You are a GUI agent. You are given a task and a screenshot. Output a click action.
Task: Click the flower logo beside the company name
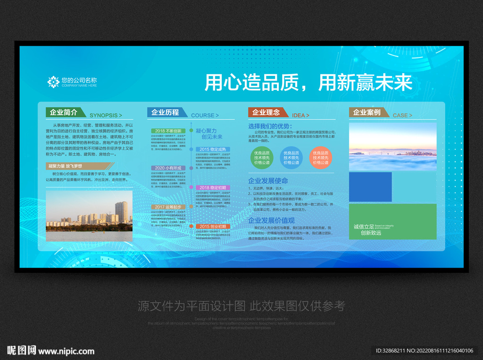[x=53, y=82]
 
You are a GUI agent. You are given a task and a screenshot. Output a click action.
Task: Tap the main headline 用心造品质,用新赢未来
[x=308, y=83]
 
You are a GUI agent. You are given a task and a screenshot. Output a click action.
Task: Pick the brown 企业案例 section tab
[x=367, y=113]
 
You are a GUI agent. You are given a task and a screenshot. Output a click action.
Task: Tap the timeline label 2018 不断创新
[x=168, y=131]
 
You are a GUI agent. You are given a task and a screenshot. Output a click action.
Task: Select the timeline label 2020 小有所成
[x=167, y=168]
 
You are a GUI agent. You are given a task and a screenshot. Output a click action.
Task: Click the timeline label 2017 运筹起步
[x=167, y=207]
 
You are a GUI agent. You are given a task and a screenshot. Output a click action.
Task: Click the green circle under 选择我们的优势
[x=262, y=158]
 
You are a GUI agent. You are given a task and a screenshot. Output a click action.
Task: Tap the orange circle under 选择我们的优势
[x=321, y=158]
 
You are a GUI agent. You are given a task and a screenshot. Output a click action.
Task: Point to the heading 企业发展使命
[x=268, y=180]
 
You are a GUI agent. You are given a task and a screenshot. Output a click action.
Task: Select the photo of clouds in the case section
[x=392, y=147]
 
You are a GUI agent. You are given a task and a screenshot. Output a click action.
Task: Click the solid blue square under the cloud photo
[x=370, y=187]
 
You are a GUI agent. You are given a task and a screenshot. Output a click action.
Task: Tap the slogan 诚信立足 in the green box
[x=363, y=227]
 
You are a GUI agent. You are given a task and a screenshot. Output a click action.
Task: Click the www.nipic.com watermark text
[x=67, y=351]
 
